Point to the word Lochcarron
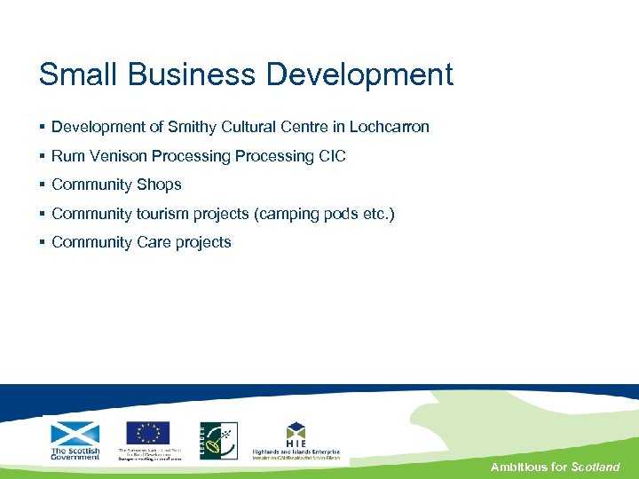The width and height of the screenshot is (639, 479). point(389,127)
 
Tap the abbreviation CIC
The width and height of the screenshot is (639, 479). point(332,156)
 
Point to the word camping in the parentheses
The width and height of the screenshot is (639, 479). point(284,214)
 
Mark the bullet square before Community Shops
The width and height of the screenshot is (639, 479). point(43,185)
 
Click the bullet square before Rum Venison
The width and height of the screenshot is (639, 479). point(43,156)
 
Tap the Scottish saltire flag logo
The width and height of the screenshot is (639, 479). point(75,434)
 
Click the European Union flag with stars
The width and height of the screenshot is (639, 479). point(147,433)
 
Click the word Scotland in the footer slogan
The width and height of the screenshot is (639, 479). point(596,467)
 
